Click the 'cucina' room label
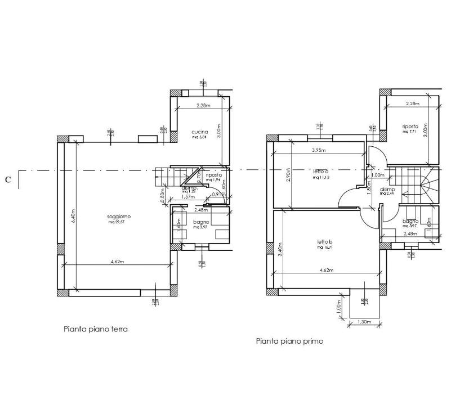[200, 132]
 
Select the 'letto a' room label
[320, 171]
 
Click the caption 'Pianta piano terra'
[96, 329]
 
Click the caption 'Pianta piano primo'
[289, 340]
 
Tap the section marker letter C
[7, 180]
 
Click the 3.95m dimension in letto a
[319, 150]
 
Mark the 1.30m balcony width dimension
[364, 322]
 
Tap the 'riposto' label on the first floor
[409, 127]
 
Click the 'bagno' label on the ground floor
[200, 222]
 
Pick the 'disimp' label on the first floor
[387, 190]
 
